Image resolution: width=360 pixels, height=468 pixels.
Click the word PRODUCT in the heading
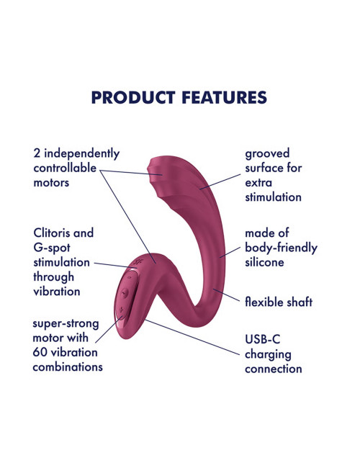pos(132,98)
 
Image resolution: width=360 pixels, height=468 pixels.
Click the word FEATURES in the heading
pos(224,98)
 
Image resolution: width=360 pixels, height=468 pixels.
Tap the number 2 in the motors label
pos(37,153)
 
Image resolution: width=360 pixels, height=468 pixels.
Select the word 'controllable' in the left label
pos(65,168)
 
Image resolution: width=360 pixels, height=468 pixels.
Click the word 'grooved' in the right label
pos(267,153)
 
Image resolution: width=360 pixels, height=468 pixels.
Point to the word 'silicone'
pos(264,262)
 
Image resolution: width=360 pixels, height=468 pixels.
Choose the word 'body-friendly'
pos(281,248)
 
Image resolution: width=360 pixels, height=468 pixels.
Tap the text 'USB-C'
pos(263,339)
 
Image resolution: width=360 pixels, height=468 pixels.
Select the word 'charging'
pos(268,355)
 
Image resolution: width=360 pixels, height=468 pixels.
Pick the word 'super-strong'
pos(66,324)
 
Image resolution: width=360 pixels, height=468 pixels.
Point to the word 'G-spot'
pos(52,248)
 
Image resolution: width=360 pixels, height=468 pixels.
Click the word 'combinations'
pos(68,366)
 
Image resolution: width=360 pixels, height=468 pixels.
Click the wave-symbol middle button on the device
pos(125,293)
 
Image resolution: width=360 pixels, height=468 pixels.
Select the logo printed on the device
pos(138,262)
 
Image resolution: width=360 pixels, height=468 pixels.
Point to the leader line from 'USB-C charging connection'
pos(192,337)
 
